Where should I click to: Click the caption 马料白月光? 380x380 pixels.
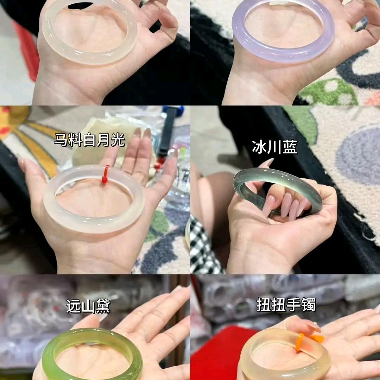coord(89,140)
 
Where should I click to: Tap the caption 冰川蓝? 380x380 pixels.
coord(274,147)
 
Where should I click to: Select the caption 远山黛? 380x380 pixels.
coord(88,306)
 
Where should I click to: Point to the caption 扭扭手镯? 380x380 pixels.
coord(286,305)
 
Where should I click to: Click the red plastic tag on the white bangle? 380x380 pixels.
coord(105,174)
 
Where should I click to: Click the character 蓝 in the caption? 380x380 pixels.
coord(290,147)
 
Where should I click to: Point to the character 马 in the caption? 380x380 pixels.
coord(61,140)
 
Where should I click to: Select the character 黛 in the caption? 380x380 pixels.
coord(103,306)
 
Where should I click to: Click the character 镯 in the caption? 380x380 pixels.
coord(309,305)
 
